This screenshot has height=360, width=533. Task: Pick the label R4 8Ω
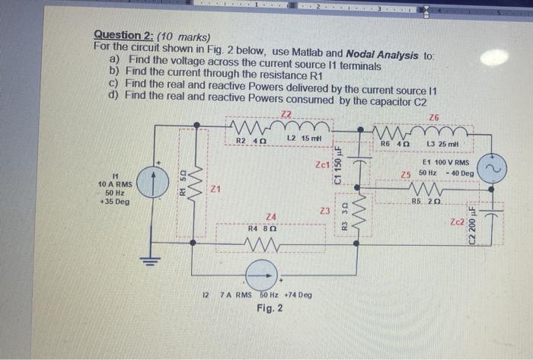tap(260, 228)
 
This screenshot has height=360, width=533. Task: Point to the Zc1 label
tap(322, 164)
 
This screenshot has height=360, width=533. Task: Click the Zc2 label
tap(458, 223)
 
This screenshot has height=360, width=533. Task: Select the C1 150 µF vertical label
tap(344, 167)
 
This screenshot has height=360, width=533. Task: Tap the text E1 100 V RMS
tap(449, 163)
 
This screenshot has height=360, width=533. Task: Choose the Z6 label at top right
tap(434, 117)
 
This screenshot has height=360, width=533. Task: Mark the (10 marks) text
tap(183, 36)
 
